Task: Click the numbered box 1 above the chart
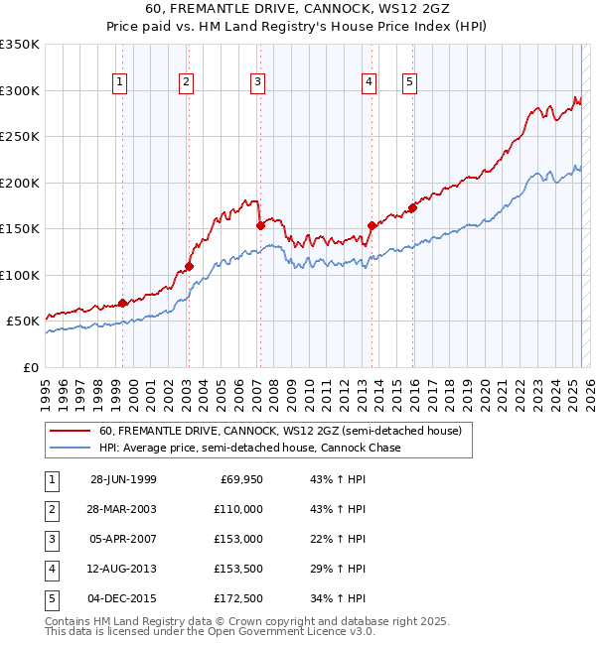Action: tap(119, 82)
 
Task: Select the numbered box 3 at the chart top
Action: tap(257, 82)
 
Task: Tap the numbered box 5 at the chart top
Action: tap(409, 82)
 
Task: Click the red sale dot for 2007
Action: tap(260, 225)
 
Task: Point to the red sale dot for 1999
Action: tap(123, 303)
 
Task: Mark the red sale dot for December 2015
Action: tap(412, 207)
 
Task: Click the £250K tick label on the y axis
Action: tap(20, 137)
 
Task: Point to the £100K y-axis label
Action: tap(20, 275)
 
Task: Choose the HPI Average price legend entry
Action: tap(248, 448)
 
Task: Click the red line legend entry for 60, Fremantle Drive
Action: tap(279, 432)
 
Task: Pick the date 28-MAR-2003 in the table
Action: tap(123, 509)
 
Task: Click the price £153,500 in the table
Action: tap(238, 569)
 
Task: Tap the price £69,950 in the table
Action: tap(241, 479)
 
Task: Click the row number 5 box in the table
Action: tap(51, 598)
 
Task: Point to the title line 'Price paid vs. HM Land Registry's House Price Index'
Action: tap(298, 28)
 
